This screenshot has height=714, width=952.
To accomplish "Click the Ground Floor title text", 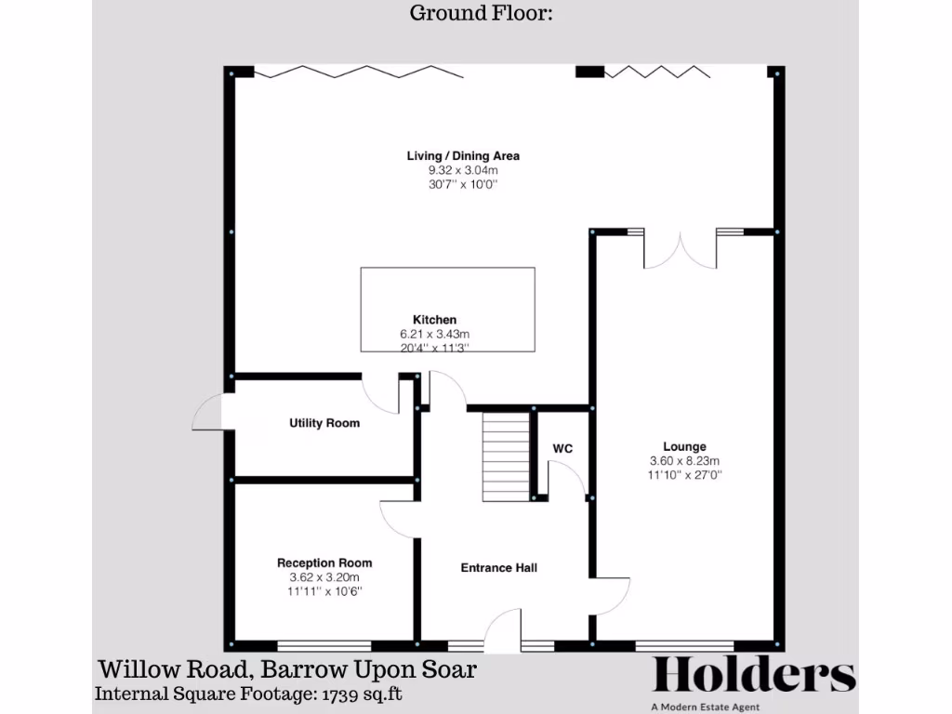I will (481, 13).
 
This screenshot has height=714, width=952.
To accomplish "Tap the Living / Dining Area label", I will (463, 155).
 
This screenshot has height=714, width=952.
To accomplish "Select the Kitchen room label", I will (434, 319).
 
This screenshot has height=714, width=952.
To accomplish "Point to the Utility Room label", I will (324, 423).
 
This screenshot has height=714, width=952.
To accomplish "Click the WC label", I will (562, 448).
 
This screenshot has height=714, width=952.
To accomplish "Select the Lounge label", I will (684, 446).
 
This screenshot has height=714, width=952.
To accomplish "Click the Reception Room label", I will (324, 562).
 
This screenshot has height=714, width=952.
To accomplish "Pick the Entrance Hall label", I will (499, 567).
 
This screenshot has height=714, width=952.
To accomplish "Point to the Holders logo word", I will (754, 676).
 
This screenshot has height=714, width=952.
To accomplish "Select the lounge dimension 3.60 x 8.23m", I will (684, 460).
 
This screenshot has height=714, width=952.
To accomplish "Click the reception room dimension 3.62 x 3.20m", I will (324, 576).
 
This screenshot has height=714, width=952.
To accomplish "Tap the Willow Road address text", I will (288, 668).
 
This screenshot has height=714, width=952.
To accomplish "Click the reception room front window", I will (324, 643).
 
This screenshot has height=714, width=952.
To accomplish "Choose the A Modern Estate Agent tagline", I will (754, 707).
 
